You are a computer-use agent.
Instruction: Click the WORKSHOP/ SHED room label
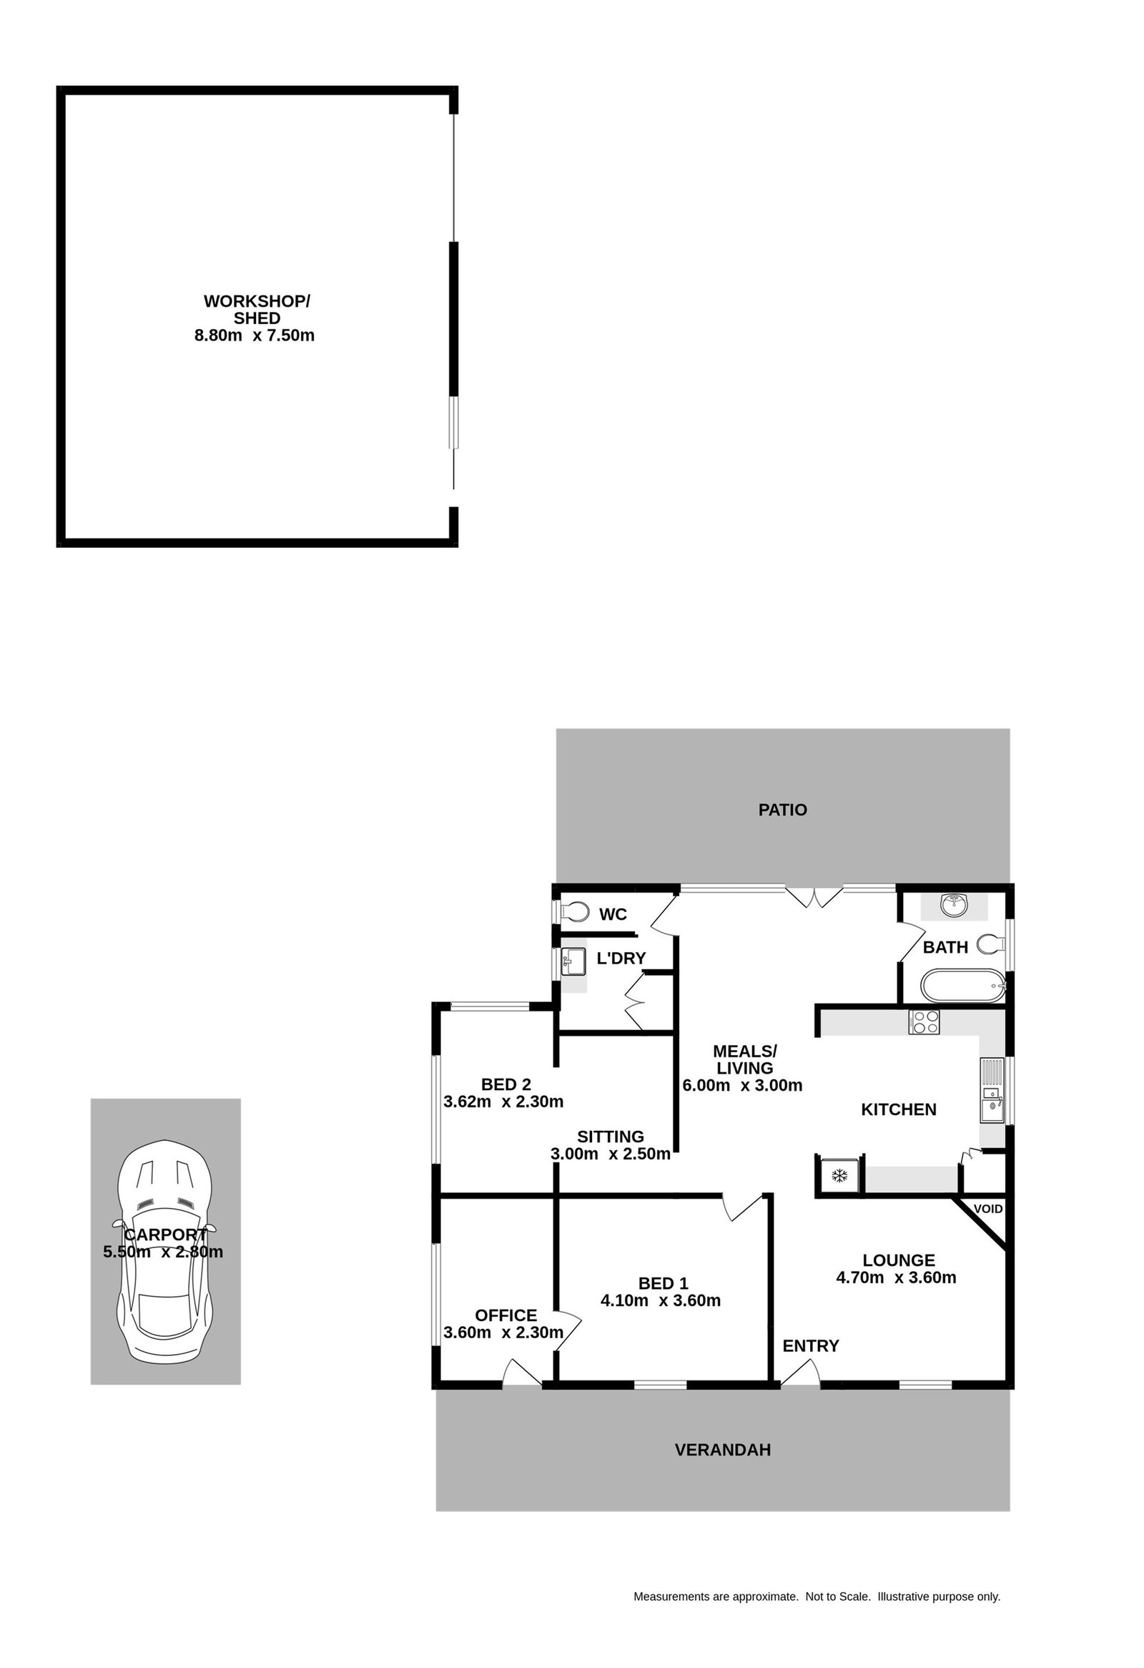tap(257, 309)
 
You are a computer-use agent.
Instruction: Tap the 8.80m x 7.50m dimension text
tap(254, 335)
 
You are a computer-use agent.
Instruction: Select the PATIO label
tap(782, 810)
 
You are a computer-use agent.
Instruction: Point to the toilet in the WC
tap(574, 911)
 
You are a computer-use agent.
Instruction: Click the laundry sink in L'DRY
tap(573, 961)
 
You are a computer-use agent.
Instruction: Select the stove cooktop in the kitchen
tap(924, 1021)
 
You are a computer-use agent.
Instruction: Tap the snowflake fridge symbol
tap(839, 1176)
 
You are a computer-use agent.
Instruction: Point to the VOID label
tap(987, 1209)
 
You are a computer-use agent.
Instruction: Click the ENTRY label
tap(811, 1345)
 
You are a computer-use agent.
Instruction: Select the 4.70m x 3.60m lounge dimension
tap(896, 1277)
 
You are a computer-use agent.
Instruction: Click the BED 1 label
tap(663, 1283)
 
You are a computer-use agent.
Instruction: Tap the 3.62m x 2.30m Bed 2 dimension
tap(503, 1102)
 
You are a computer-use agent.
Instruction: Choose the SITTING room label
tap(611, 1136)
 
